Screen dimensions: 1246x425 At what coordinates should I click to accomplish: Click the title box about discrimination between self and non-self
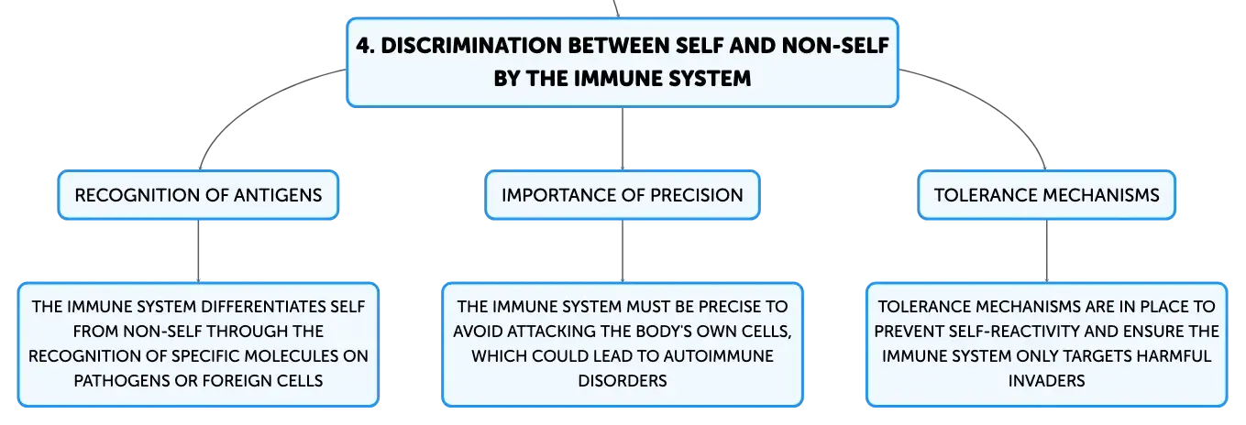[x=623, y=62]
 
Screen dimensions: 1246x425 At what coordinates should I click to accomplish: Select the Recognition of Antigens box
[x=198, y=195]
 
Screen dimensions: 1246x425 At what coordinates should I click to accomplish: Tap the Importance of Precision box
[x=623, y=195]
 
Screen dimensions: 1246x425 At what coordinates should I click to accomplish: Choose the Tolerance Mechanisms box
[x=1046, y=195]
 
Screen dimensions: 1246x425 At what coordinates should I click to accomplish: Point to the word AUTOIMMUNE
[x=718, y=356]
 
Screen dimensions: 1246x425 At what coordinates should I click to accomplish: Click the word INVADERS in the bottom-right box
[x=1046, y=380]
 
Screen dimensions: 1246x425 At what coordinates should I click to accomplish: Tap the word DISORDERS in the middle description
[x=623, y=380]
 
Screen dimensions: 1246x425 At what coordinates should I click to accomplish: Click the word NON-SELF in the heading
[x=835, y=46]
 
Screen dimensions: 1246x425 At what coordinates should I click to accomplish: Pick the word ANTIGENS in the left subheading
[x=278, y=195]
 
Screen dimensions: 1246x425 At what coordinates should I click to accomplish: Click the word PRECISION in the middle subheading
[x=697, y=195]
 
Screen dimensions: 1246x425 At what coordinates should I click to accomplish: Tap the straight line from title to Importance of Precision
[x=623, y=139]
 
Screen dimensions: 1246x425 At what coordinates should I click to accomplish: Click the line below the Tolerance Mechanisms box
[x=1046, y=251]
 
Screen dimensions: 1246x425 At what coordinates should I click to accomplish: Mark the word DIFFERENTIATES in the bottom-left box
[x=263, y=307]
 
